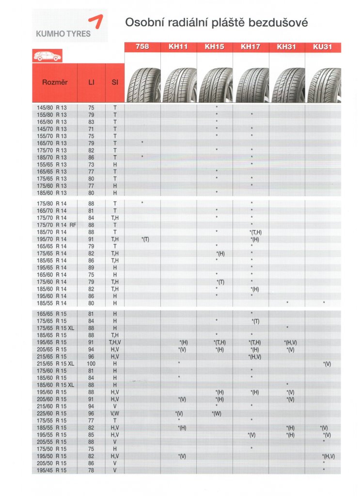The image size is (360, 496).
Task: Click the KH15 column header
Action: pyautogui.click(x=215, y=47)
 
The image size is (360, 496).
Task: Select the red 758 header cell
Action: pyautogui.click(x=142, y=47)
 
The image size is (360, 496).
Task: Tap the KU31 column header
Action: pyautogui.click(x=323, y=47)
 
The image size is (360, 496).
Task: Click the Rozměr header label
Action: pyautogui.click(x=55, y=82)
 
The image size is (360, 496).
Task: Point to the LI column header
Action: pyautogui.click(x=91, y=82)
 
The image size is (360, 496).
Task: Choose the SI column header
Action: pyautogui.click(x=115, y=82)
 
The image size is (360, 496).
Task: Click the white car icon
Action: pyautogui.click(x=47, y=56)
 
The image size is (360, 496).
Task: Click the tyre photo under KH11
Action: pyautogui.click(x=178, y=85)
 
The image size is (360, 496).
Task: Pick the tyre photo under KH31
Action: pyautogui.click(x=287, y=85)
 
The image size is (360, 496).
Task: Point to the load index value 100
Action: pyautogui.click(x=91, y=363)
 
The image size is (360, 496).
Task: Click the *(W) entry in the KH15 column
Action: pyautogui.click(x=217, y=413)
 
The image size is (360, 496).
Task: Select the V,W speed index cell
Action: pyautogui.click(x=115, y=413)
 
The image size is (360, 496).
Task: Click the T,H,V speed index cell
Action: pyautogui.click(x=115, y=342)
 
